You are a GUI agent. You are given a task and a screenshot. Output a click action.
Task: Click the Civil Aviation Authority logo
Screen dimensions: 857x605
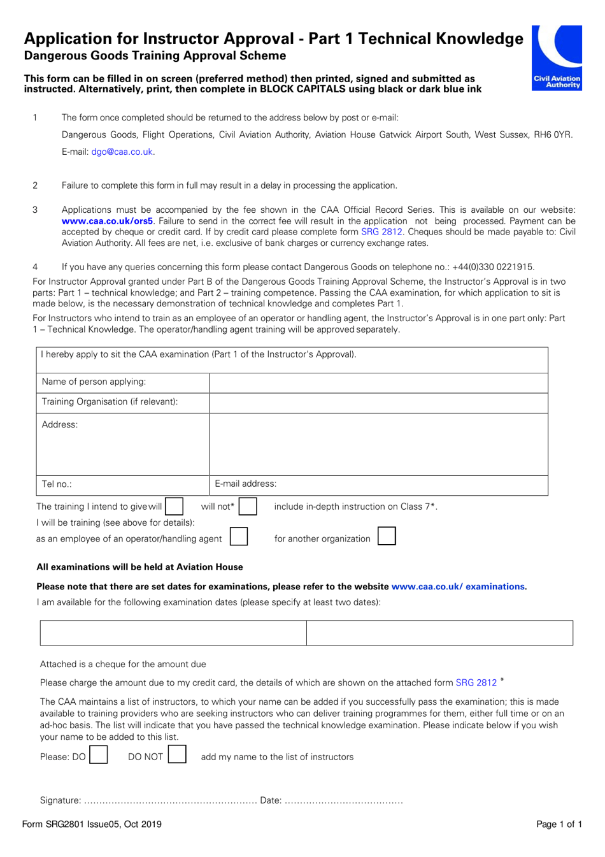pos(557,58)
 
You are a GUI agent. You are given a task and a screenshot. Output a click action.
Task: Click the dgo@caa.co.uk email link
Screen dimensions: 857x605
pos(122,152)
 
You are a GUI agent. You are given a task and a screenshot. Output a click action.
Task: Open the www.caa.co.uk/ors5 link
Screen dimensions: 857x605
pos(107,221)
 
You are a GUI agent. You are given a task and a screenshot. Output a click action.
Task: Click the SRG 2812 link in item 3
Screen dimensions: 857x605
pos(381,232)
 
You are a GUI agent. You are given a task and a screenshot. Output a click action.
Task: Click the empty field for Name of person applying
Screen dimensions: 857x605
pos(378,382)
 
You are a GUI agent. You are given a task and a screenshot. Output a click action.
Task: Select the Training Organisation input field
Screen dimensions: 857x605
pos(378,402)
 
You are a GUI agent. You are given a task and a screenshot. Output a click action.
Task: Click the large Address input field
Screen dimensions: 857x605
pos(378,443)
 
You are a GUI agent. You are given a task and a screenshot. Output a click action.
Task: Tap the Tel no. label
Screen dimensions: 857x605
pos(57,484)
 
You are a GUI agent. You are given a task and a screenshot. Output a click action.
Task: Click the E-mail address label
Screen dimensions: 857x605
pos(245,484)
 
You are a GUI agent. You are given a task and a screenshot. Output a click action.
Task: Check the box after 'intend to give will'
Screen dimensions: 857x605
pos(174,507)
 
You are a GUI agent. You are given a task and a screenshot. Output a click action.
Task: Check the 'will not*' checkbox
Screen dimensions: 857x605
pos(248,507)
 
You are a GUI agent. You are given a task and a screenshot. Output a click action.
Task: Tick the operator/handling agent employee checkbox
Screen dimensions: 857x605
pos(239,537)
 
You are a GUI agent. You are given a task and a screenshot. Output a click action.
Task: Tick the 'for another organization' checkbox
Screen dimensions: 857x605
pos(387,536)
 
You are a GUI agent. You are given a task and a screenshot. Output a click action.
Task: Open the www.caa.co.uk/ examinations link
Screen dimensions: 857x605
pos(458,587)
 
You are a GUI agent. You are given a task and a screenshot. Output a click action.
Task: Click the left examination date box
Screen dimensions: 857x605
pos(173,633)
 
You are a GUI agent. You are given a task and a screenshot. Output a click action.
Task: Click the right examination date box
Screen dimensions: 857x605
pos(439,633)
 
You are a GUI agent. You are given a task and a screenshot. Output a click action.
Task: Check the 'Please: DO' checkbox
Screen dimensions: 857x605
pos(99,755)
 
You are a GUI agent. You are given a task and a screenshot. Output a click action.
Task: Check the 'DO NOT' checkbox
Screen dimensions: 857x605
pos(177,755)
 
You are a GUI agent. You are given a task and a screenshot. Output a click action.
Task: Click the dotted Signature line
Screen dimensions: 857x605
pos(169,801)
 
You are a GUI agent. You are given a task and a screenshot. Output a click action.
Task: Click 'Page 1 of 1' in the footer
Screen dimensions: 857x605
pos(559,825)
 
